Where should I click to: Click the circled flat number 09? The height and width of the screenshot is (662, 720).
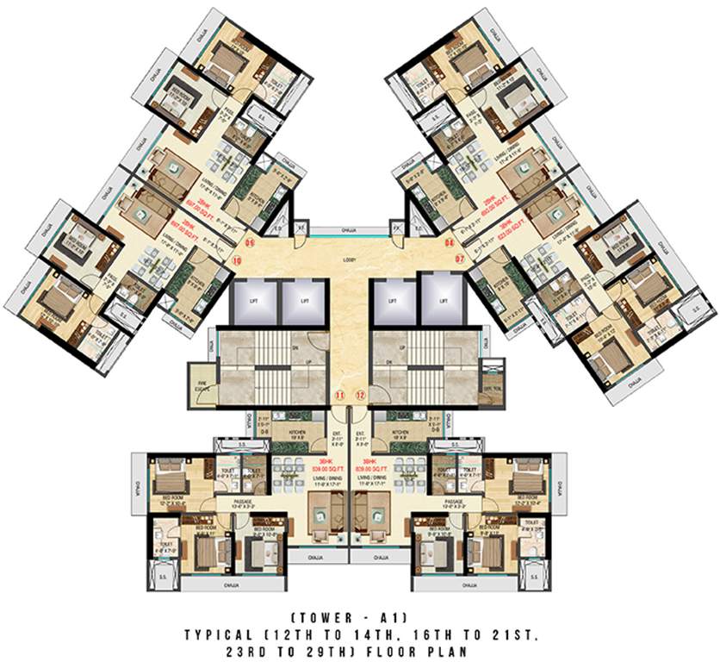[251, 244]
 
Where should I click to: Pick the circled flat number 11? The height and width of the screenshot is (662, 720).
[340, 395]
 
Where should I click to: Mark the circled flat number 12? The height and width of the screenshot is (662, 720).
[361, 395]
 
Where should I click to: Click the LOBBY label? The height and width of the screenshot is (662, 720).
[349, 259]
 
